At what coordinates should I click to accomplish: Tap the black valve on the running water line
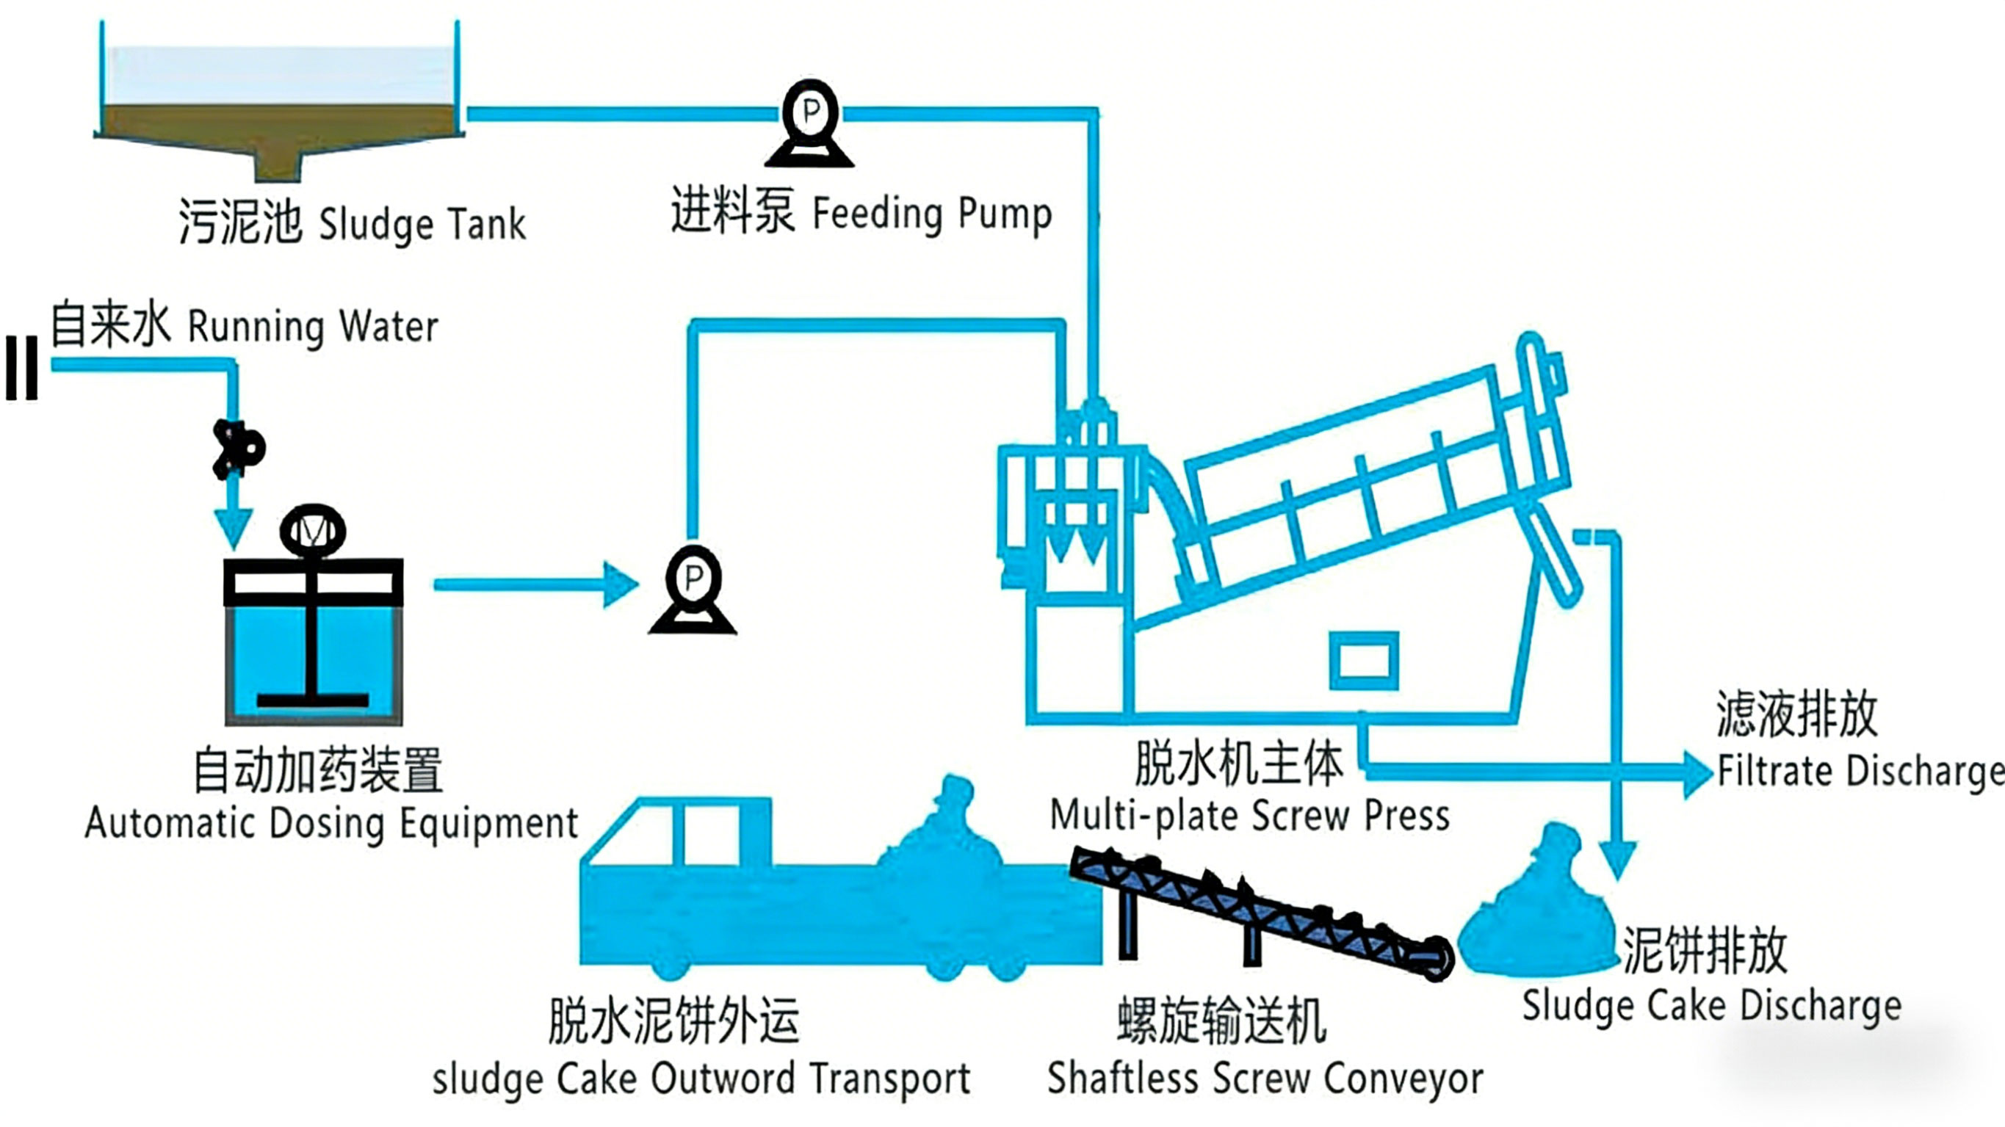point(237,449)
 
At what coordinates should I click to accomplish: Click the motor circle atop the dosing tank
point(313,530)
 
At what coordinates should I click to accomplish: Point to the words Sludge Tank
point(422,224)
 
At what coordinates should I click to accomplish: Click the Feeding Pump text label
point(932,213)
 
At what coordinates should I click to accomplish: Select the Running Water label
point(313,327)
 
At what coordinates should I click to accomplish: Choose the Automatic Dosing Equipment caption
point(331,824)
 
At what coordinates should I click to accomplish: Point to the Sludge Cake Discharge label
point(1711,1005)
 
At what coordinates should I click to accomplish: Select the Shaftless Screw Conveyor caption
point(1265,1079)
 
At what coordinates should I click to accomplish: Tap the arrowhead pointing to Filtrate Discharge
point(1697,773)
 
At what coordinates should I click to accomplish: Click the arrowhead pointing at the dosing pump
point(621,584)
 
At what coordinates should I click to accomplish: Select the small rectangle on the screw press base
point(1364,660)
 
